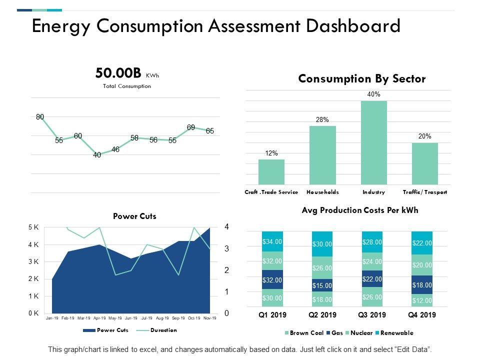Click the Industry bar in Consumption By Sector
(374, 142)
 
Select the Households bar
(322, 155)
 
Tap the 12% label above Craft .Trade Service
(271, 153)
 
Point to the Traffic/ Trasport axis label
(425, 192)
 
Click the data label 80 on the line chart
(40, 117)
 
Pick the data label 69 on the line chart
(191, 127)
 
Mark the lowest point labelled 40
(97, 155)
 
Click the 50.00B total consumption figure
(118, 73)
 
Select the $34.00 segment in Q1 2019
(272, 241)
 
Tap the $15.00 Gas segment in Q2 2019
(322, 285)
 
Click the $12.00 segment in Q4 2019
(422, 300)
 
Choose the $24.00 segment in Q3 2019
(372, 261)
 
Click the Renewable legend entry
(396, 332)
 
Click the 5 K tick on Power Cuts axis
(33, 227)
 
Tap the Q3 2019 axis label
(372, 315)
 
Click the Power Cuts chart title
(134, 216)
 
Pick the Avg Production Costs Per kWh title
(360, 210)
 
